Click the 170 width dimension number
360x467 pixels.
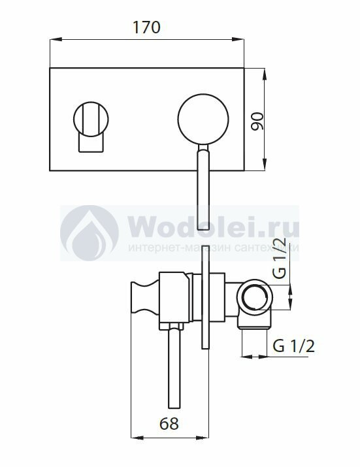click(x=146, y=27)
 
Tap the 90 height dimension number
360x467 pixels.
click(x=257, y=121)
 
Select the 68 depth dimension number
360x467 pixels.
click(x=169, y=423)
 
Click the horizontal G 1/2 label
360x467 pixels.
click(x=293, y=346)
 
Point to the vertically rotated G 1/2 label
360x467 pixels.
click(x=280, y=258)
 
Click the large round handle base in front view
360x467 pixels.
click(x=203, y=119)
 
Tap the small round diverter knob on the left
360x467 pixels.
click(x=91, y=119)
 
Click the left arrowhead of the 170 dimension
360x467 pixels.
click(x=56, y=39)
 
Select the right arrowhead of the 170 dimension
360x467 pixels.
click(x=238, y=39)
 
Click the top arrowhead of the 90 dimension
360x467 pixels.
click(x=264, y=74)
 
